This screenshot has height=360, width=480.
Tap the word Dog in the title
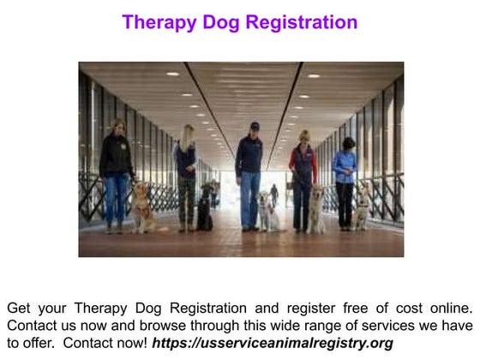click(x=219, y=22)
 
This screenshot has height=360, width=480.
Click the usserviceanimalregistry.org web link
click(x=273, y=343)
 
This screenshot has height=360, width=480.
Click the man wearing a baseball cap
click(x=250, y=171)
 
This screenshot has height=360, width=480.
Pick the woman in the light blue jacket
click(x=345, y=176)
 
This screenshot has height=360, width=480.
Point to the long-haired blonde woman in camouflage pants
click(x=186, y=176)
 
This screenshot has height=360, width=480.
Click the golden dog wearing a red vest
click(x=142, y=208)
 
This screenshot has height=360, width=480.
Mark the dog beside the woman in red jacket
click(x=318, y=211)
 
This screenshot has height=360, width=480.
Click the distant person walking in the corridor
click(x=274, y=194)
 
